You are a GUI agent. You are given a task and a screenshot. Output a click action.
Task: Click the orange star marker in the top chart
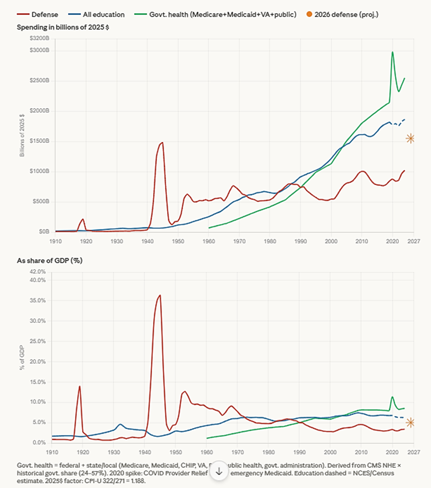tap(410, 138)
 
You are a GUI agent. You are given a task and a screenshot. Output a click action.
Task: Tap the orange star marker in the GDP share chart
tap(410, 423)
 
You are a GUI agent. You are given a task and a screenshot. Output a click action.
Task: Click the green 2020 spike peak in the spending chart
tap(392, 52)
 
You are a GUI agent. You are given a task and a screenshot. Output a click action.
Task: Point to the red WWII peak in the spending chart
tap(162, 143)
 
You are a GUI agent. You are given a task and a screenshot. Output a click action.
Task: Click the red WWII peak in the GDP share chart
tap(160, 295)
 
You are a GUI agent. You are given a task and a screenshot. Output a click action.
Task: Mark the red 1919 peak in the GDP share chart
tap(80, 386)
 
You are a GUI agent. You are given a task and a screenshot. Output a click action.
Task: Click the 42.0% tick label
tap(38, 271)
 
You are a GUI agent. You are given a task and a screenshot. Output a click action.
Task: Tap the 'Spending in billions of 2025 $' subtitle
tap(62, 27)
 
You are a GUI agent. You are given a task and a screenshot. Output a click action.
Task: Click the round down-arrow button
tap(219, 471)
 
